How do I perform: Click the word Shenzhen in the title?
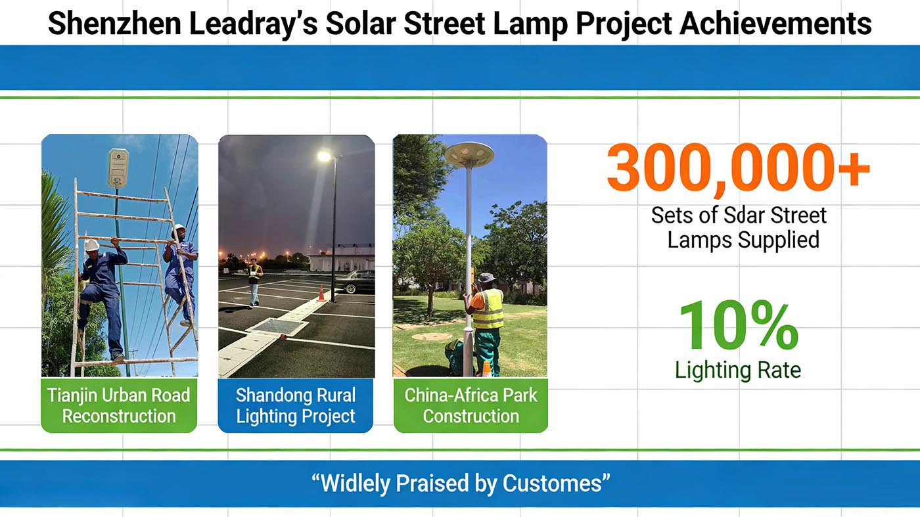114,24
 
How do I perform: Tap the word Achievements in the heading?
775,24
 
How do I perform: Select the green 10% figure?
739,325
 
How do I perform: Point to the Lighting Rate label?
738,371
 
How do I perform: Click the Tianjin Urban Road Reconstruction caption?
119,406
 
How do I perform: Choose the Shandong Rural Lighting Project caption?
295,406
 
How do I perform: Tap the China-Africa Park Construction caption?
471,406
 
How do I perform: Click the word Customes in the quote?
552,483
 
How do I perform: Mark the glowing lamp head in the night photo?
324,156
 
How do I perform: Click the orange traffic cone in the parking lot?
321,293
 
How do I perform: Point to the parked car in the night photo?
355,281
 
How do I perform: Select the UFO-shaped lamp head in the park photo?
469,154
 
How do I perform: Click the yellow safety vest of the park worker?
488,309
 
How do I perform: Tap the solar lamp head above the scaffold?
119,168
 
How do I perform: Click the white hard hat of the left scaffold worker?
91,245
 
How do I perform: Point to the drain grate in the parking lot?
279,327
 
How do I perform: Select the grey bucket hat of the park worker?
487,278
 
